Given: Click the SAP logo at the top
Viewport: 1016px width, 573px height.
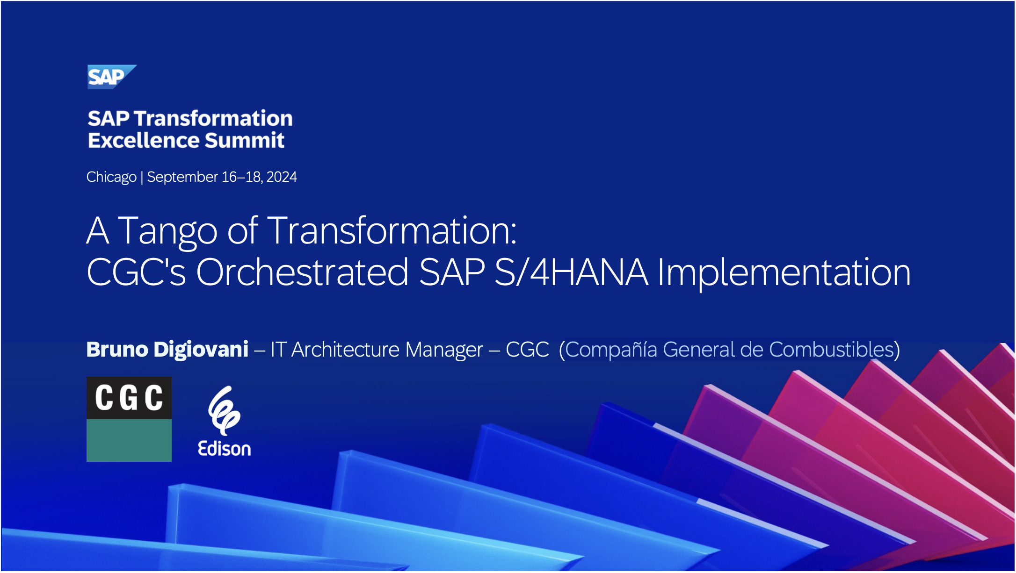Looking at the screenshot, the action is tap(111, 77).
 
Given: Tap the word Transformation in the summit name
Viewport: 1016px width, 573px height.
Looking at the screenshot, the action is tap(213, 119).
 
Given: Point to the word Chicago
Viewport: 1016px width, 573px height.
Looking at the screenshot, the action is tap(111, 178).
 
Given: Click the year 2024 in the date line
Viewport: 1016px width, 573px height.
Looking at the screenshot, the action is tap(282, 177).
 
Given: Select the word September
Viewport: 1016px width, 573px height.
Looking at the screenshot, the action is tap(182, 178).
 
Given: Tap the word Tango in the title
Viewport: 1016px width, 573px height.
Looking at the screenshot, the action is tap(167, 231).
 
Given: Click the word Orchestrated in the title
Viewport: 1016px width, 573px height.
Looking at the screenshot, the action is tap(302, 272).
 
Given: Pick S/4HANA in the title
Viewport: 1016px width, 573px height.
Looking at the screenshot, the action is tap(571, 272).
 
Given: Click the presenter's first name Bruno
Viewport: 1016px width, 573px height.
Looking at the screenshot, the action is tap(117, 350).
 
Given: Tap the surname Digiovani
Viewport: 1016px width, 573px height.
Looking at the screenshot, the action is tap(201, 350).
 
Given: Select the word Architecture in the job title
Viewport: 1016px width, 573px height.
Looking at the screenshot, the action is tap(387, 350).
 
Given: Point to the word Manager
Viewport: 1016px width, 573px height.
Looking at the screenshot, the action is tap(444, 350).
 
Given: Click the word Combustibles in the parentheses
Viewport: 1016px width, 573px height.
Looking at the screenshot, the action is tap(832, 350).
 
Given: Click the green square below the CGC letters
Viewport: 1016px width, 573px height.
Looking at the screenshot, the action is tap(129, 440).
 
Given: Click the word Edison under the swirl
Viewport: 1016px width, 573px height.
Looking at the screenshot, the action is tap(225, 449).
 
